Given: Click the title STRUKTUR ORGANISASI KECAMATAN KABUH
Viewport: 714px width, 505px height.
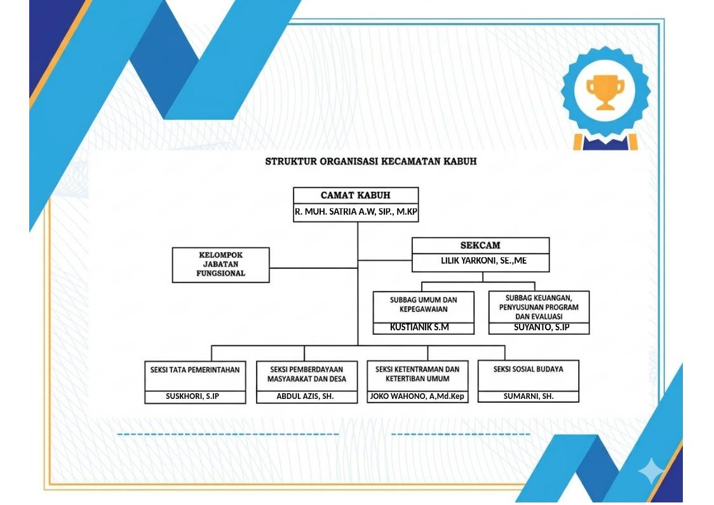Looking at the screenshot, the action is pos(371,161).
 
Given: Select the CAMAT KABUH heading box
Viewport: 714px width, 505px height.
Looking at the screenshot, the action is pos(356,196).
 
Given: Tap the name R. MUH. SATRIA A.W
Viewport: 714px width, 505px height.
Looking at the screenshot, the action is pos(335,212).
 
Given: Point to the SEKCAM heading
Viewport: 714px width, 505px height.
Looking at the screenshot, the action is pos(480,245).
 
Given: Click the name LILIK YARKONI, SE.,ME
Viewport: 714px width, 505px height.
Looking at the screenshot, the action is pos(483,260).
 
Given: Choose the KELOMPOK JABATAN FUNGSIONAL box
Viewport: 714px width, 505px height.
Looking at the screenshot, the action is pos(221,264).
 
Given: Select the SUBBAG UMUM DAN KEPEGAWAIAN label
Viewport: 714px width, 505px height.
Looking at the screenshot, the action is pos(424,305).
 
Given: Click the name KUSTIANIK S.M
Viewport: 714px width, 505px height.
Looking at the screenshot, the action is pos(419,327).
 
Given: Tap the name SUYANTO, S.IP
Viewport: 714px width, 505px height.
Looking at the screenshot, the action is pos(541,327).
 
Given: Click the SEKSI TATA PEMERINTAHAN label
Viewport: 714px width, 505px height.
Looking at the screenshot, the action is pos(195,370).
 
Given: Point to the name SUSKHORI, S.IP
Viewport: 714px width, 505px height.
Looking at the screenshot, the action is pos(192,396).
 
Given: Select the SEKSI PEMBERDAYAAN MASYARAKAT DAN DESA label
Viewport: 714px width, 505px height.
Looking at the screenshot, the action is pos(306,374).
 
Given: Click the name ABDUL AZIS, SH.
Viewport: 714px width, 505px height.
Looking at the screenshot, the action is pos(305,396).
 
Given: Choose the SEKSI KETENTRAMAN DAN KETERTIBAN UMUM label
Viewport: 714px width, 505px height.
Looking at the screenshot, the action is pos(417,374).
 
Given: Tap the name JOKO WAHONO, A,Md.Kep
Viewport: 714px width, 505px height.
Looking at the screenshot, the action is pos(417,396).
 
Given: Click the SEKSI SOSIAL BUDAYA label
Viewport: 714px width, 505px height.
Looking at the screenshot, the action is pos(529,369).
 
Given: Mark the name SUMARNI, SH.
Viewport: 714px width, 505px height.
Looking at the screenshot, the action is pos(529,396).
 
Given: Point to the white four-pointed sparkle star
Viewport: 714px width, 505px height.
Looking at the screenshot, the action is pos(650,472).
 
